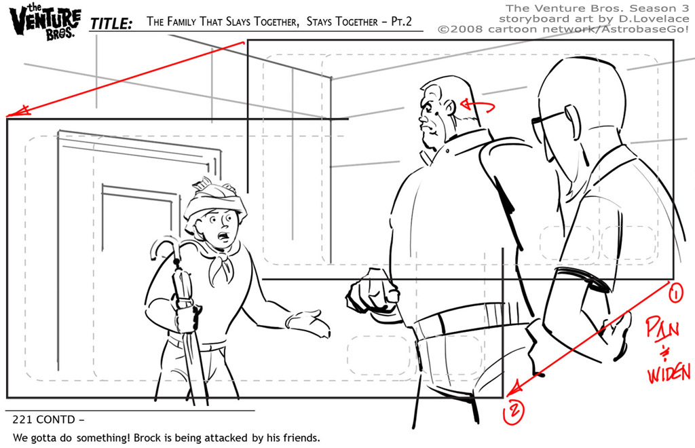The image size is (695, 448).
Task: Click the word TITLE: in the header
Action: click(111, 23)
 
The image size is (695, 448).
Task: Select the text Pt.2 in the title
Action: click(402, 21)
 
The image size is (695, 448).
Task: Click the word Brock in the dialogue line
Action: click(147, 438)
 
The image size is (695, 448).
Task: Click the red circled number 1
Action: click(675, 293)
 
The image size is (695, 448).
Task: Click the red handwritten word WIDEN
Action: click(669, 373)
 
